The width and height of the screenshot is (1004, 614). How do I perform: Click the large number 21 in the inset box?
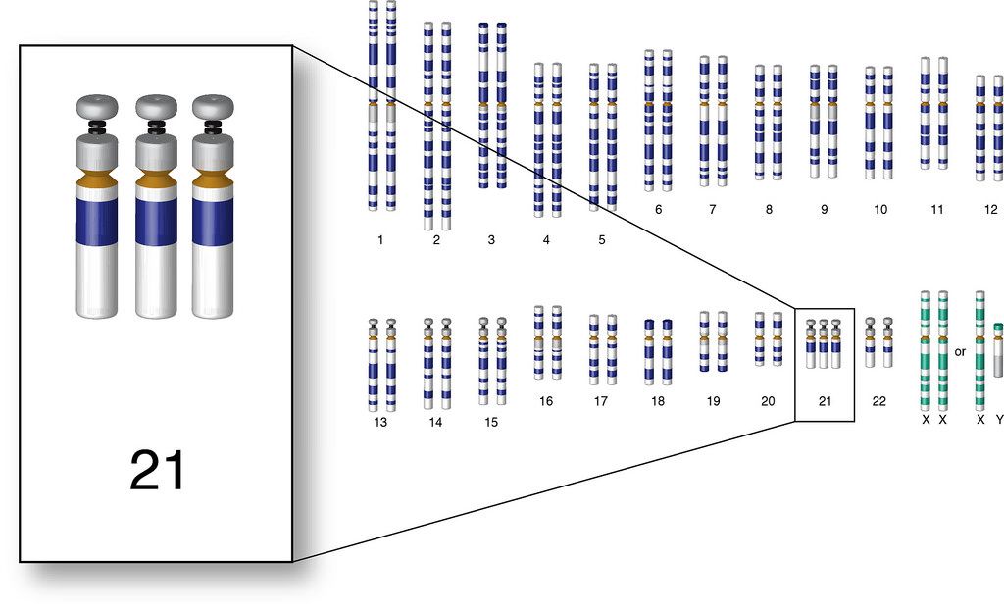tap(157, 472)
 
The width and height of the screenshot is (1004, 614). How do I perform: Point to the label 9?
tap(824, 209)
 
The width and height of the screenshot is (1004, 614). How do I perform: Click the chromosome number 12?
tap(991, 209)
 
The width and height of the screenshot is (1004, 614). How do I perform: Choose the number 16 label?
tap(546, 401)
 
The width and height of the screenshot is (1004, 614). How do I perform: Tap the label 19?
tap(712, 401)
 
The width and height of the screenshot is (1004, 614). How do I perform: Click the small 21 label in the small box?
tap(824, 401)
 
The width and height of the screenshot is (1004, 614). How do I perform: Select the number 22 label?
tap(878, 401)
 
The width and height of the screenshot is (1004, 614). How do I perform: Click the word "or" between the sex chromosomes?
tap(960, 350)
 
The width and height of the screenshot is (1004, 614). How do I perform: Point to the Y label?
tap(999, 419)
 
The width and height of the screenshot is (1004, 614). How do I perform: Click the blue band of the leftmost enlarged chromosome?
tap(98, 222)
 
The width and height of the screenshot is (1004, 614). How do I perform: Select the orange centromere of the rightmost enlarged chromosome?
tap(213, 180)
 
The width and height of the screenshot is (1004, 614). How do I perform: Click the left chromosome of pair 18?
tap(649, 351)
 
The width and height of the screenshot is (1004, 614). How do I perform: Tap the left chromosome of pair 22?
tap(870, 342)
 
